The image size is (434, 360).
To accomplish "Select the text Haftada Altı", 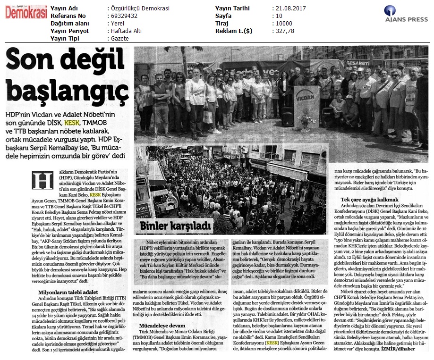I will coord(125,31).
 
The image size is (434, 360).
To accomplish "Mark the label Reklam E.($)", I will coord(234,31).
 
